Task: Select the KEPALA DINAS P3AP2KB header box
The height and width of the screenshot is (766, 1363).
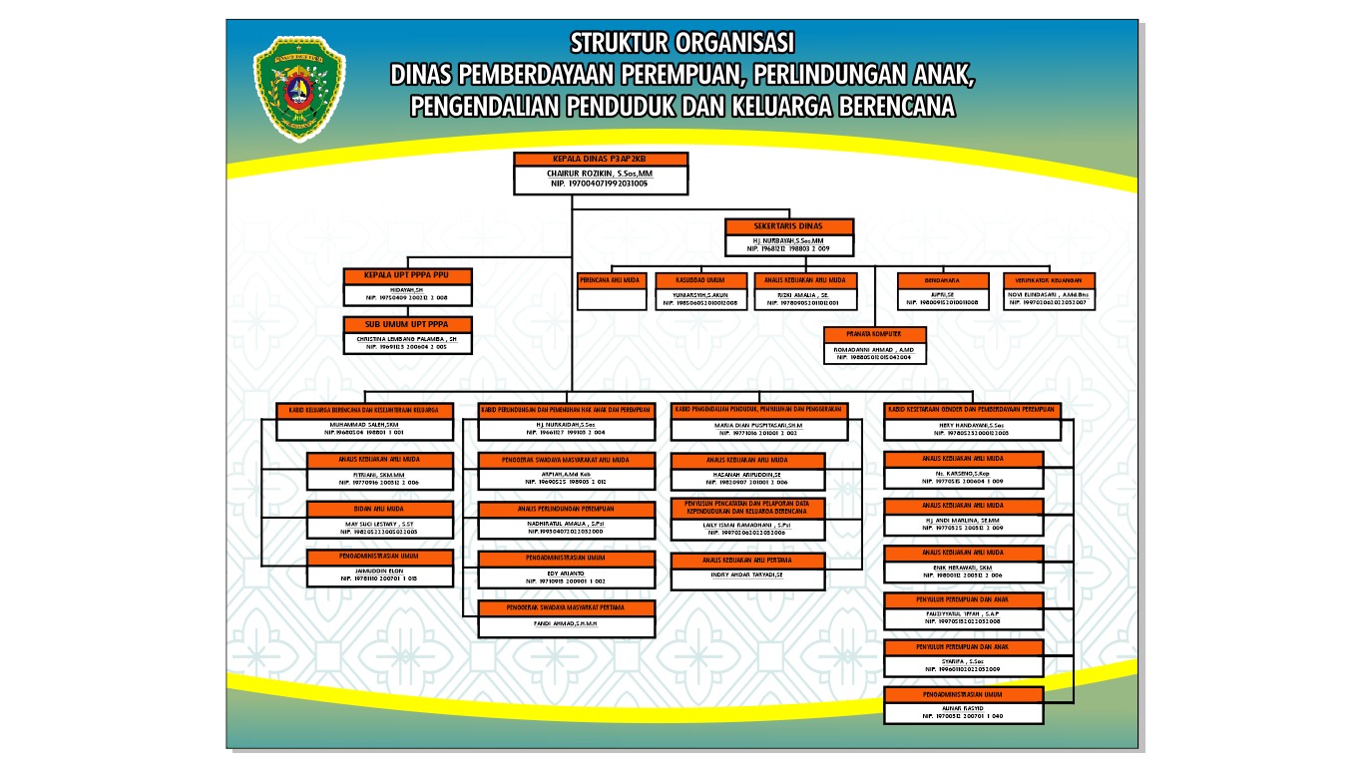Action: tap(601, 159)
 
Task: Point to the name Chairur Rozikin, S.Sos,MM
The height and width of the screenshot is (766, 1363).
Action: tap(599, 174)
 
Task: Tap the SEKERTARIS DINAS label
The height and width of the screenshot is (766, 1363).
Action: tap(788, 226)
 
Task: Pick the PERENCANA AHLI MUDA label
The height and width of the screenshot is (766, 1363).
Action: tap(611, 280)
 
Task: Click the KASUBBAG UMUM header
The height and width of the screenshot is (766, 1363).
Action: tap(699, 280)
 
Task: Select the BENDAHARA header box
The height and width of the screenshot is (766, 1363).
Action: tap(941, 280)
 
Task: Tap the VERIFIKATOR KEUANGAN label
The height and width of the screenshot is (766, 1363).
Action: tap(1049, 280)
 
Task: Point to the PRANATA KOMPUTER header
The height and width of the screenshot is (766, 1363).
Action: tap(873, 335)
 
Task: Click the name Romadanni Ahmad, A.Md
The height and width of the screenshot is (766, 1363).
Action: tap(873, 349)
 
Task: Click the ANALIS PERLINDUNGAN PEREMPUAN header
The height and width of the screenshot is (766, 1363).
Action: tap(566, 509)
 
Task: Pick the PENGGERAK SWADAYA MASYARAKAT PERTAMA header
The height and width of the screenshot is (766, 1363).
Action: tap(566, 607)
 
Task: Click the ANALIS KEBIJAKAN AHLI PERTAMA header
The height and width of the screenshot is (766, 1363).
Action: tap(747, 561)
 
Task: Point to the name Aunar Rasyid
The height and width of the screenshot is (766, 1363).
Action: tap(964, 708)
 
